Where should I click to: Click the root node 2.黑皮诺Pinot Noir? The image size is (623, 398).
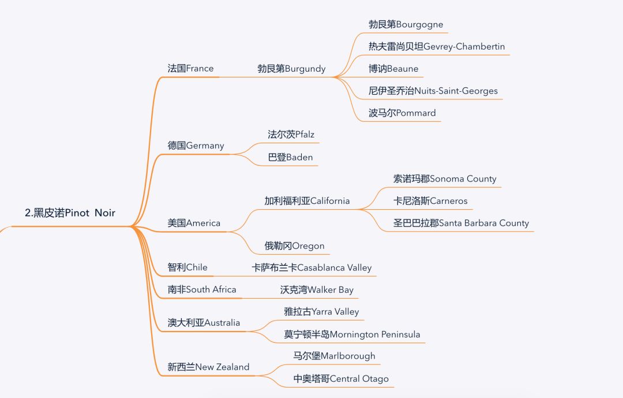point(70,213)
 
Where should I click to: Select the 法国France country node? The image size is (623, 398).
point(190,68)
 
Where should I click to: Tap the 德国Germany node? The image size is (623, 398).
point(196,146)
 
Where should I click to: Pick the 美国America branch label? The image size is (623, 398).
point(194,223)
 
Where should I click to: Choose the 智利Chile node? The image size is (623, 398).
point(187,267)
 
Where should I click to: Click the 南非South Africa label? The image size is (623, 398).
point(202,289)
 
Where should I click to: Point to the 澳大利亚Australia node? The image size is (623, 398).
point(204,322)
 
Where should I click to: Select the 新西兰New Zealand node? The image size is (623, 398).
point(208,367)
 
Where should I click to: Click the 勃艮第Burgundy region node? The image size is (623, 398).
point(291,69)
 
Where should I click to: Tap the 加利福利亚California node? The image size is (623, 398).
point(307,201)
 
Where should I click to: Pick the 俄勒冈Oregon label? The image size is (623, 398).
point(294,246)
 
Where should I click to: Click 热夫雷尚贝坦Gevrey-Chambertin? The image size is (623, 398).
point(437,46)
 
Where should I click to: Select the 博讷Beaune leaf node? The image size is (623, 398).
point(393,69)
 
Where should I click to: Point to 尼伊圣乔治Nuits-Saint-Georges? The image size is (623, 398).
point(433,91)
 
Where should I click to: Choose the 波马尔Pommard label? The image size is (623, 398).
point(402,113)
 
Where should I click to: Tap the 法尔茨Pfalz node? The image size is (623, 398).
point(291,135)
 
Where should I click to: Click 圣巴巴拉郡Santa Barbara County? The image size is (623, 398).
point(461,223)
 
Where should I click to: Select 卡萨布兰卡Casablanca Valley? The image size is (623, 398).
point(311,267)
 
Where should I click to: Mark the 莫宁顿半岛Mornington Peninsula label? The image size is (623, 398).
point(352,334)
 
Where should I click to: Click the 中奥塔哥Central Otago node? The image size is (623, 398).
point(341,378)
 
